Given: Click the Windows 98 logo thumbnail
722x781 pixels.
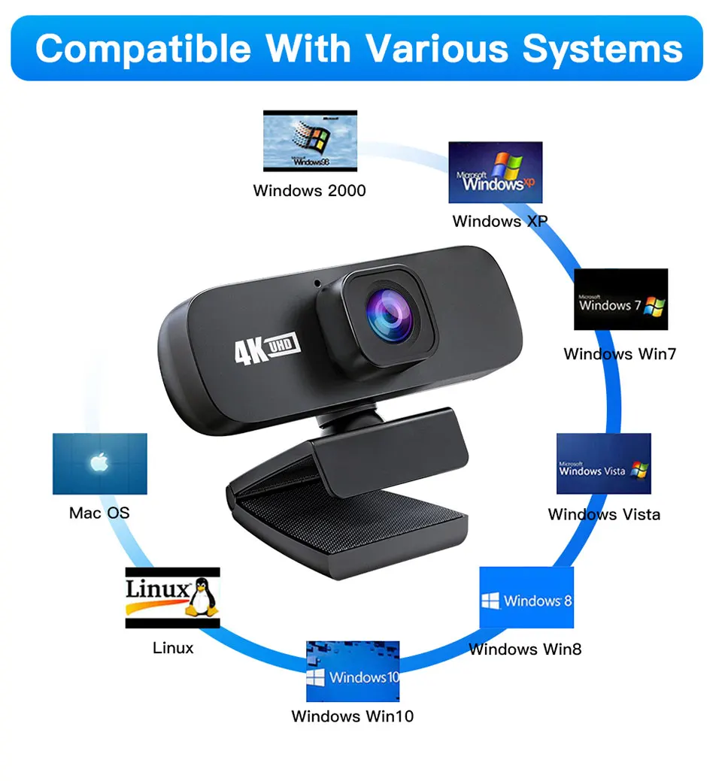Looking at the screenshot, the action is (310, 141).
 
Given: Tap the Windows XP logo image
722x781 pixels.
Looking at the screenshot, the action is (495, 172).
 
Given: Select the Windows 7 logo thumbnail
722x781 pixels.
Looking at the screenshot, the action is (620, 299).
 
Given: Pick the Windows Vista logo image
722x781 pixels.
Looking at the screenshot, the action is (603, 464).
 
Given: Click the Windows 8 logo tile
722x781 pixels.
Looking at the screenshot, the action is (526, 598).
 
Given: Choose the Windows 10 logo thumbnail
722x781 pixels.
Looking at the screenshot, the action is (352, 671).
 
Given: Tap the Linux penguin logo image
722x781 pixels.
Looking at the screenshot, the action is (172, 598).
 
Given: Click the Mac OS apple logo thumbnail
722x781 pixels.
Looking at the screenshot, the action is (99, 463).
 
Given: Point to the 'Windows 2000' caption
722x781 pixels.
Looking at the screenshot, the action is (309, 190).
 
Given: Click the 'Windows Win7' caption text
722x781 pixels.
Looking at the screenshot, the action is (620, 353).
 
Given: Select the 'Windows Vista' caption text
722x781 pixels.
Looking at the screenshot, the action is (604, 514).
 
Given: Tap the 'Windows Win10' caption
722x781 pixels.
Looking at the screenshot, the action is (352, 716).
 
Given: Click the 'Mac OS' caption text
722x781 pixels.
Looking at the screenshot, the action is (99, 513).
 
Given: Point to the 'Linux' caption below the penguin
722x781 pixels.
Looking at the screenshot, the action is (173, 647).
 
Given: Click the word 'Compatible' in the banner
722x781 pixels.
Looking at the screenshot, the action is (144, 49).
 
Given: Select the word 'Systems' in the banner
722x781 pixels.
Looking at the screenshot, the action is (602, 49).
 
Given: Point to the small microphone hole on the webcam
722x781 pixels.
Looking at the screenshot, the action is (317, 285).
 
